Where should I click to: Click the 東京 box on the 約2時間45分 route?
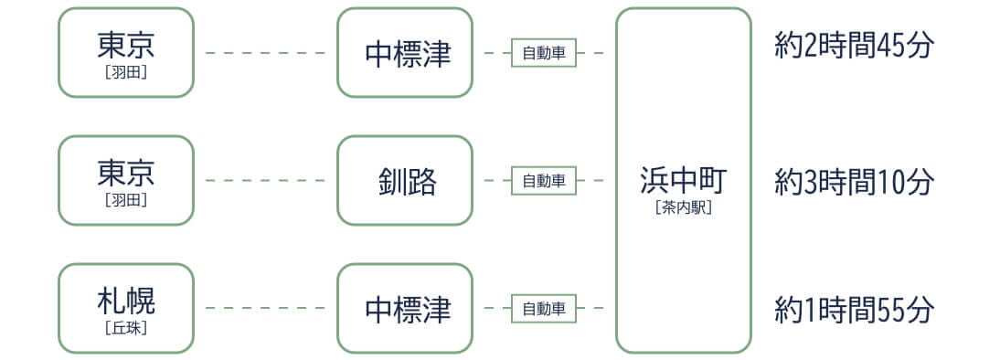coord(126,53)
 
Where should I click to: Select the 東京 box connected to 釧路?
coord(126,180)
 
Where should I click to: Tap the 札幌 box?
coord(126,308)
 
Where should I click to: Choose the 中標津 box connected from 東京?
coord(405,53)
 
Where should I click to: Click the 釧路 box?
coord(405,181)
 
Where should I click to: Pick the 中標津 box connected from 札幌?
coord(405,309)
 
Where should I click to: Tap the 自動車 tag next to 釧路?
coord(543,181)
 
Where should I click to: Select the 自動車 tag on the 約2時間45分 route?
coord(543,53)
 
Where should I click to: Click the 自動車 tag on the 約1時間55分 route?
coord(543,309)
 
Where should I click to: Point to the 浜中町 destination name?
coord(683,180)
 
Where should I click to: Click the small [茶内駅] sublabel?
coord(683,207)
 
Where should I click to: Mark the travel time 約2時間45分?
coord(854,46)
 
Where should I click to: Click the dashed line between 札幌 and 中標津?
coord(265,309)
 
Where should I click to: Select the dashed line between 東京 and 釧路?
coord(265,181)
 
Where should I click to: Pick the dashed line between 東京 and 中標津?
coord(265,53)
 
